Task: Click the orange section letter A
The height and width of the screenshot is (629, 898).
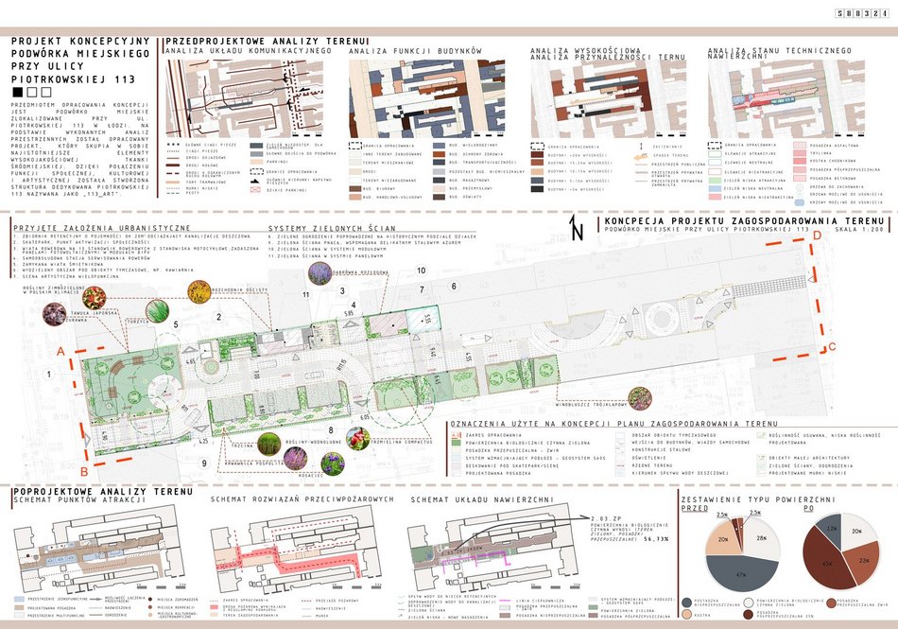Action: click(62, 351)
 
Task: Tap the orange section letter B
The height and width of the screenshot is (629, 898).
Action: click(83, 469)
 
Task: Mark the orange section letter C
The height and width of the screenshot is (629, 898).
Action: click(831, 345)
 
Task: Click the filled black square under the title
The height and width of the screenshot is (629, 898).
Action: click(18, 94)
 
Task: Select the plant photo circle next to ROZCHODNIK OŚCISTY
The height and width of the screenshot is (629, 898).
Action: click(199, 290)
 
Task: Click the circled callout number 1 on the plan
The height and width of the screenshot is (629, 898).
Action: click(48, 375)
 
